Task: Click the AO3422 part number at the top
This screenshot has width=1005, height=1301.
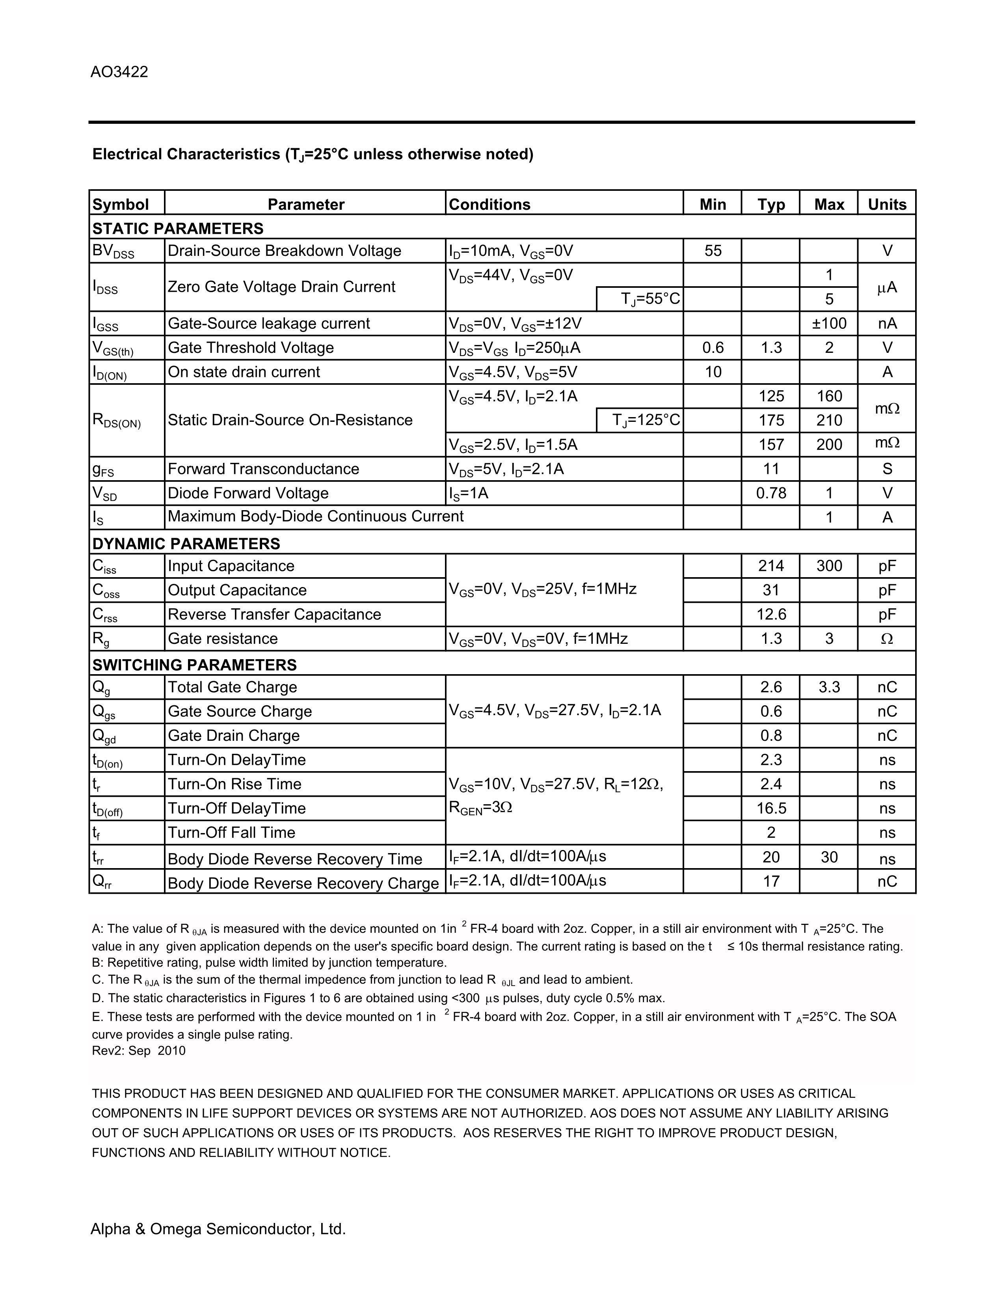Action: click(119, 72)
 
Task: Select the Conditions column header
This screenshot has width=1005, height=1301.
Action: click(489, 204)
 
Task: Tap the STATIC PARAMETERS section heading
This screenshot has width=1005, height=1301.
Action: click(177, 229)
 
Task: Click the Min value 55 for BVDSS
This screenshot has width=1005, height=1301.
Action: click(713, 251)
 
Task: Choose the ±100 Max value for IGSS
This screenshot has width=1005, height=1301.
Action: click(829, 323)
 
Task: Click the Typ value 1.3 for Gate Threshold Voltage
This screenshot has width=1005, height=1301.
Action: click(771, 348)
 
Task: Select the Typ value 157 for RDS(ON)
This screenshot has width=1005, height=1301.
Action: click(771, 445)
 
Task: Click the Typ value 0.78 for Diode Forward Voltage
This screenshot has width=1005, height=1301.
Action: click(771, 493)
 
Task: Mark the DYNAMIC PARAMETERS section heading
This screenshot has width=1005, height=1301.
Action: click(186, 544)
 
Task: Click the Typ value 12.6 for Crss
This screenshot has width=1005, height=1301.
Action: click(771, 614)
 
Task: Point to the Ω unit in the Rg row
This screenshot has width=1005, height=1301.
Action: click(886, 639)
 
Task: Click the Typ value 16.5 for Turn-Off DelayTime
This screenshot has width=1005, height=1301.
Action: click(771, 808)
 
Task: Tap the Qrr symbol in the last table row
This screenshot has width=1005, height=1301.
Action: click(102, 882)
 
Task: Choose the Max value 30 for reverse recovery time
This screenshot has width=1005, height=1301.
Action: click(829, 857)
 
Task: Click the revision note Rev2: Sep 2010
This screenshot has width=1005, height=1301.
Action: click(139, 1051)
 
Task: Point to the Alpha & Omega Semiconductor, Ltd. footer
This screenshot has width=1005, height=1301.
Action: click(218, 1229)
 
